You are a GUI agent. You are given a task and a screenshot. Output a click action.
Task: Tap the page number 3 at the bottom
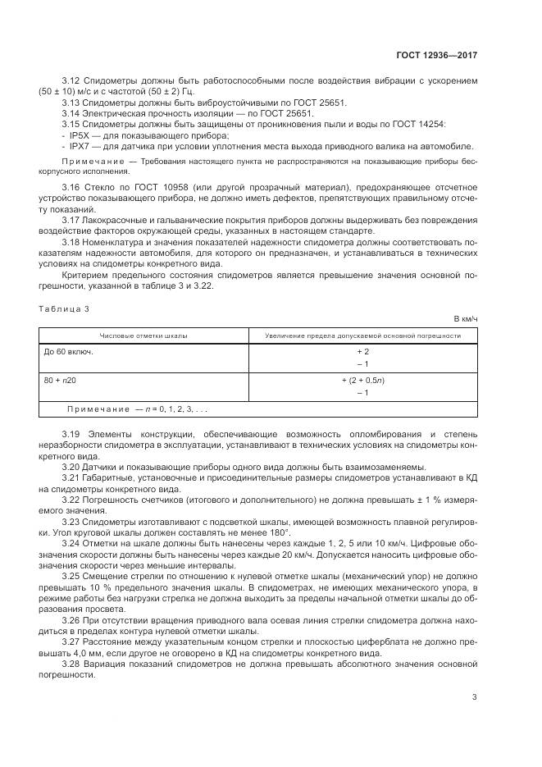[x=474, y=697]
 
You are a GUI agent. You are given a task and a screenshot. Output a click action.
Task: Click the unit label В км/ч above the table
[x=465, y=317]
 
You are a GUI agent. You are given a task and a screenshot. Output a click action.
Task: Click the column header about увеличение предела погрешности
[x=362, y=336]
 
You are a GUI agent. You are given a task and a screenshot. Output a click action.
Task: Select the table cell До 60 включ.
[x=69, y=351]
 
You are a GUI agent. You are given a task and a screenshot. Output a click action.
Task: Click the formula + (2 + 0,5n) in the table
[x=362, y=381]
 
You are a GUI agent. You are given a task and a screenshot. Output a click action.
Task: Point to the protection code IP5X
[x=80, y=134]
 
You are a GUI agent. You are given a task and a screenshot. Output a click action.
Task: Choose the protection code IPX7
[x=80, y=145]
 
